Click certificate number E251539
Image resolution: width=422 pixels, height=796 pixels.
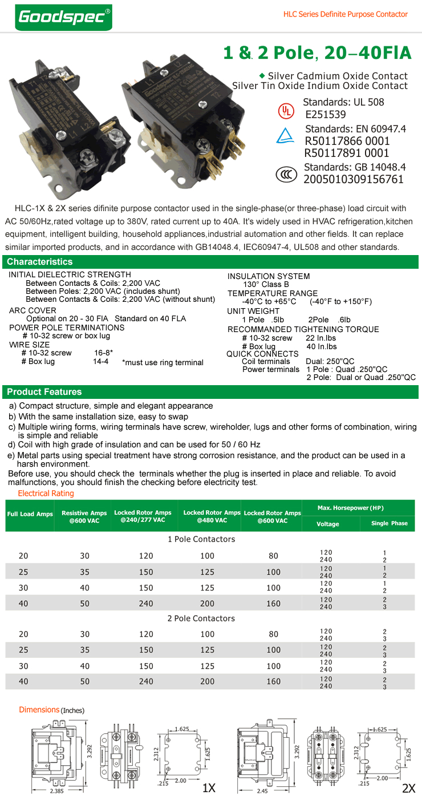326,115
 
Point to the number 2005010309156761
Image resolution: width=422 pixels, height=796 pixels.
354,179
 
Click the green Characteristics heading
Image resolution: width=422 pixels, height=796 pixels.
40,262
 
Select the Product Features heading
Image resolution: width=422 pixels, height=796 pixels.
44,392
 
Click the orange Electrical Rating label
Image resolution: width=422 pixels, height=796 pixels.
46,493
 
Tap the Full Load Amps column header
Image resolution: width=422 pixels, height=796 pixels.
30,514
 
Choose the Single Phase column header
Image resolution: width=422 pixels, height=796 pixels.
389,523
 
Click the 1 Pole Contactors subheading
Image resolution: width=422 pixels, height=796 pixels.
201,539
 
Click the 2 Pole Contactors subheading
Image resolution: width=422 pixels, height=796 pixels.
201,619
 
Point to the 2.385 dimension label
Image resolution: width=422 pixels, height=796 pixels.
56,791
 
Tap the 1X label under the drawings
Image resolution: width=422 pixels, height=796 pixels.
209,788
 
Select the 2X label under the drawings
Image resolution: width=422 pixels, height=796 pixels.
408,788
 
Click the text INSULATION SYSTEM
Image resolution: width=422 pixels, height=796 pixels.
269,276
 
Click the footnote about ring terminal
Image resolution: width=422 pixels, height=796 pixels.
163,362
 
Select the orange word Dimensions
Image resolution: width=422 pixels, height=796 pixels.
39,710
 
